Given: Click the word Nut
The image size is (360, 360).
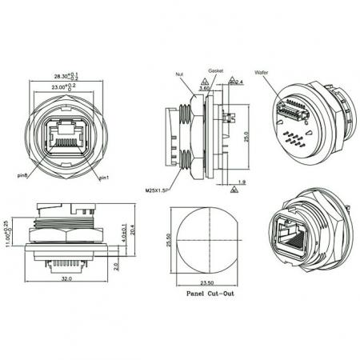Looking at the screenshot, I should [178, 73].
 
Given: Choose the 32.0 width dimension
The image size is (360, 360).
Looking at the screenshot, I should [67, 279].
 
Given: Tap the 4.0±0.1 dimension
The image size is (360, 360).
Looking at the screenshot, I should [120, 232].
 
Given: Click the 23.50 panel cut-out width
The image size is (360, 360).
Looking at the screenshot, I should [207, 282].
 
